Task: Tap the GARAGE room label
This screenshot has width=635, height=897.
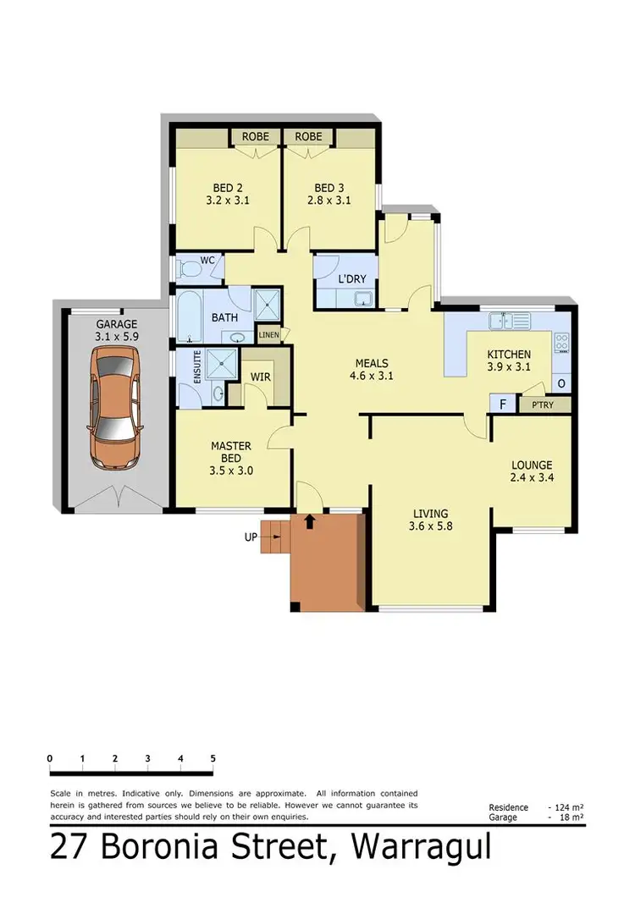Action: pos(115,323)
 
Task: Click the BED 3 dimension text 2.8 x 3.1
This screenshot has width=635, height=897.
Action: pos(329,201)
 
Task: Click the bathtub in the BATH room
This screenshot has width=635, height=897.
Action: pos(190,317)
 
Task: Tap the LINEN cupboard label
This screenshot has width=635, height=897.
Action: pos(268,335)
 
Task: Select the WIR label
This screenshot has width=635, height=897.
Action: pos(261,377)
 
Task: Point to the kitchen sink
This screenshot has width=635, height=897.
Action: pos(505,322)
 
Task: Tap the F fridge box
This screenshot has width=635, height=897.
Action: pos(502,405)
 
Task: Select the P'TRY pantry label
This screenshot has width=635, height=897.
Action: pos(544,406)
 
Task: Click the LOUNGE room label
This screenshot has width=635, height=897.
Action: pos(532,465)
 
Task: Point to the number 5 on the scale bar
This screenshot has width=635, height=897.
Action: pos(213,758)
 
